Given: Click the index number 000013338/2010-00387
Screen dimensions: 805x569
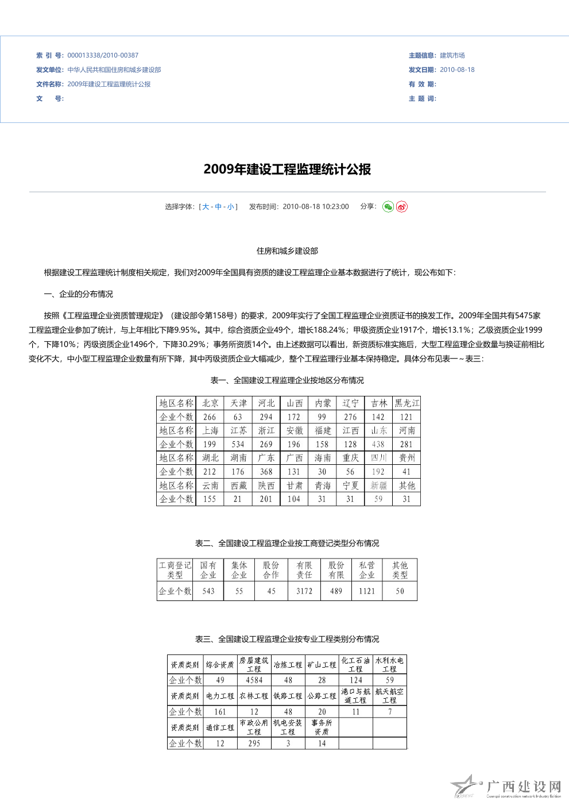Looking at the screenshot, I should tap(103, 56).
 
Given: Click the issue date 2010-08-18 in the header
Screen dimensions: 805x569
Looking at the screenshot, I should tap(457, 70).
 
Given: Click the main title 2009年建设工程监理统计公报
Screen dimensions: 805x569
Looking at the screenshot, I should tap(287, 170).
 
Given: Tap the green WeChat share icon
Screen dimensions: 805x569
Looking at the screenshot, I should tap(388, 207).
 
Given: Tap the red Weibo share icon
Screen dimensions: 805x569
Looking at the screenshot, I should tap(402, 207).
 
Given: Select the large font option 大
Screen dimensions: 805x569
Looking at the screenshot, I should tap(206, 207).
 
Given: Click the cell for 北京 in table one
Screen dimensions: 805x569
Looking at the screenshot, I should tap(210, 403).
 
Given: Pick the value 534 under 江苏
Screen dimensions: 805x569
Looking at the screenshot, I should tap(238, 444).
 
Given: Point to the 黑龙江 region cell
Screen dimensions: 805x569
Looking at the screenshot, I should tap(407, 403).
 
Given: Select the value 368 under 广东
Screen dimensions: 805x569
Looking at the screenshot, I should tap(266, 472).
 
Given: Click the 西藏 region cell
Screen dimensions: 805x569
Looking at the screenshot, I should tap(238, 486).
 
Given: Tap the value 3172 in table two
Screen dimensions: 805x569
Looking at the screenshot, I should tap(304, 591).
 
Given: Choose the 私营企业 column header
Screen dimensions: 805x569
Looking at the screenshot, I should tap(367, 570).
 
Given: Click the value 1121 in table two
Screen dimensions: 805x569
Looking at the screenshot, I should tap(367, 591).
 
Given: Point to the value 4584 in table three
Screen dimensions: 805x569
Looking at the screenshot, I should tap(254, 680).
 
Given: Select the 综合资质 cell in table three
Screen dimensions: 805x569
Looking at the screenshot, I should tap(220, 665).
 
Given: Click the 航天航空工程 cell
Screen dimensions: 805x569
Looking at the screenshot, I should tap(389, 696).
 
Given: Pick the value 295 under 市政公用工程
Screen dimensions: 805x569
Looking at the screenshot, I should tap(254, 744).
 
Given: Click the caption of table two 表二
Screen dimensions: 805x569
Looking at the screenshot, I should tap(287, 544).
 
